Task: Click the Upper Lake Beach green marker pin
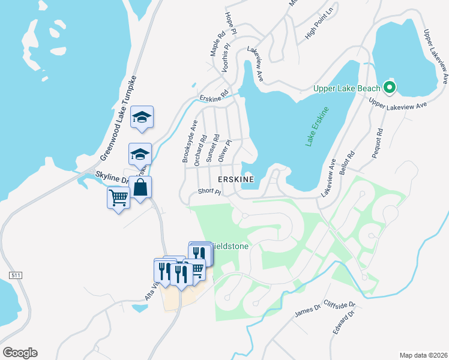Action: pos(390,88)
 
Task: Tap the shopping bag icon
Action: pos(140,188)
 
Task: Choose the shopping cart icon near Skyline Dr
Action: pos(118,197)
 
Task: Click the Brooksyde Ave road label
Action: pos(189,142)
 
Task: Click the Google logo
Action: pos(20,353)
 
